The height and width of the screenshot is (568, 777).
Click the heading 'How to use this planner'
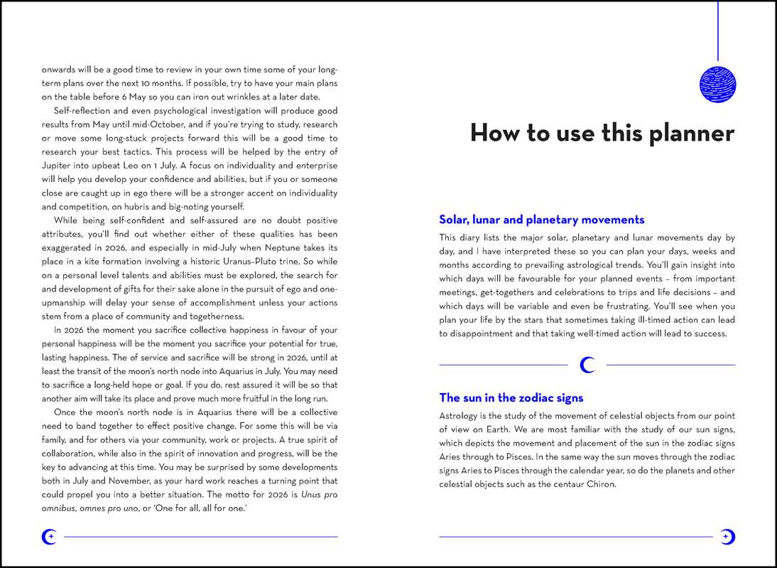602,134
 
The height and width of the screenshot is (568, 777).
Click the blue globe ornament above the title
717,82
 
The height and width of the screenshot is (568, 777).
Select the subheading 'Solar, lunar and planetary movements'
541,220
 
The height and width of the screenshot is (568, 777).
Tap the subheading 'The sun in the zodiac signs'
511,397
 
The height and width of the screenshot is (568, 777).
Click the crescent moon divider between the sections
587,365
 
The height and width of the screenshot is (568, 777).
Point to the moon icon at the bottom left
49,537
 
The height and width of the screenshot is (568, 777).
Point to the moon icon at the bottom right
727,537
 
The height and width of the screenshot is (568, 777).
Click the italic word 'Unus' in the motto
310,494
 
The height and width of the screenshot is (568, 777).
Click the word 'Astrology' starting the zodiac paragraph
462,415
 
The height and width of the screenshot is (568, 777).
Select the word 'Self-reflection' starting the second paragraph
84,111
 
